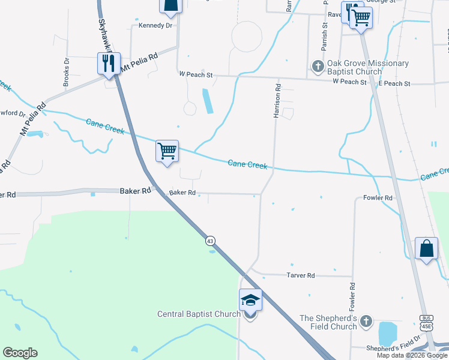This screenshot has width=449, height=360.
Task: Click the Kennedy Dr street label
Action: click(x=155, y=26)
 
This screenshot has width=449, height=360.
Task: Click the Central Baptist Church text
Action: click(x=199, y=314)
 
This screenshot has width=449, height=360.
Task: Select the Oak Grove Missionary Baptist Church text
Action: click(x=368, y=67)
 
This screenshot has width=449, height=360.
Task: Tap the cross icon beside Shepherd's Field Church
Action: click(x=366, y=322)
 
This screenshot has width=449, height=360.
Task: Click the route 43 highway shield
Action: click(x=210, y=241)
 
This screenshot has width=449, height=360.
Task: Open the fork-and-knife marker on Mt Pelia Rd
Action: click(x=109, y=62)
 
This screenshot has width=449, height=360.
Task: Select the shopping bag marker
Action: click(x=426, y=248)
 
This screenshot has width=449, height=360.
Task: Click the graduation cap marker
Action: click(x=250, y=299)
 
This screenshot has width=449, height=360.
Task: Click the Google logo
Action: click(x=20, y=353)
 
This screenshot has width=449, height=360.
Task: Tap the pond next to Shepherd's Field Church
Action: click(x=390, y=333)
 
